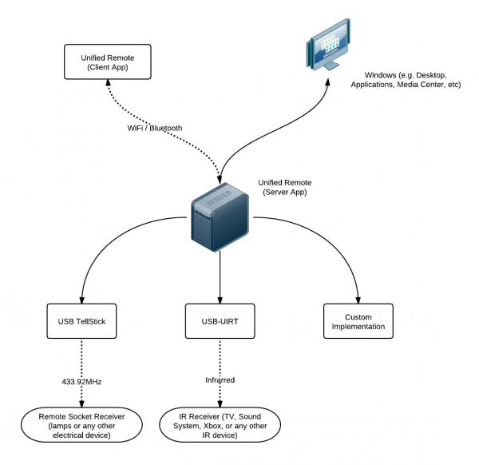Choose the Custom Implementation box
coord(358,321)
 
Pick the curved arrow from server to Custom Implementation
coord(335,248)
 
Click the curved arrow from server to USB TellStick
coord(104,248)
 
